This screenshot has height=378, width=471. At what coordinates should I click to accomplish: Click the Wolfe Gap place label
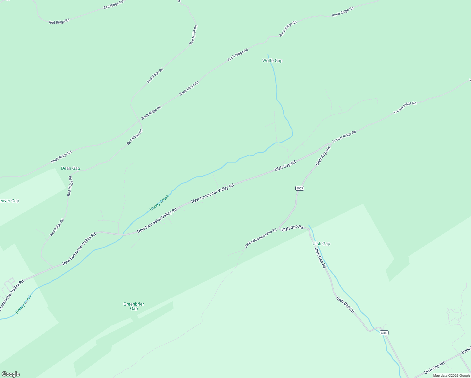(272, 60)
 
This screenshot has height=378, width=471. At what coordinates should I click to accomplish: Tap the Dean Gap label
(71, 168)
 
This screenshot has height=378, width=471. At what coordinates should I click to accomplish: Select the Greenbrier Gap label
(134, 306)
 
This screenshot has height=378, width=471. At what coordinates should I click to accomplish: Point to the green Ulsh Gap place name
(321, 243)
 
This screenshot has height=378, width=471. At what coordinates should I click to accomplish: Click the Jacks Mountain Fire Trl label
(261, 238)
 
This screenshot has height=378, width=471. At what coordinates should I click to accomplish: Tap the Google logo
(10, 374)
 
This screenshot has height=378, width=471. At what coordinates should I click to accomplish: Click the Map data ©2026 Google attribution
(451, 375)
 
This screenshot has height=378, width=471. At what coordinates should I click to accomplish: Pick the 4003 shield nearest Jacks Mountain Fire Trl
(300, 188)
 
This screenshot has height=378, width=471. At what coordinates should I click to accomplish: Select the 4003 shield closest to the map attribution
(384, 333)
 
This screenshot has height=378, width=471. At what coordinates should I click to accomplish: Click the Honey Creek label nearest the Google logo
(24, 304)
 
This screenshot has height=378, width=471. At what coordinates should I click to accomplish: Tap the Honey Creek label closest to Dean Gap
(159, 203)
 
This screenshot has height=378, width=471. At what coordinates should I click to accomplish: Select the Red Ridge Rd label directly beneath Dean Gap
(70, 186)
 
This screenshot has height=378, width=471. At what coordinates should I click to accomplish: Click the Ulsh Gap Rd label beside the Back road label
(434, 368)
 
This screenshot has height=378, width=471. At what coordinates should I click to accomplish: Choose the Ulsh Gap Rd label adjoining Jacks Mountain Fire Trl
(292, 228)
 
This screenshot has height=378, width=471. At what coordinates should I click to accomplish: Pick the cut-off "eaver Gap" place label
(9, 201)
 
